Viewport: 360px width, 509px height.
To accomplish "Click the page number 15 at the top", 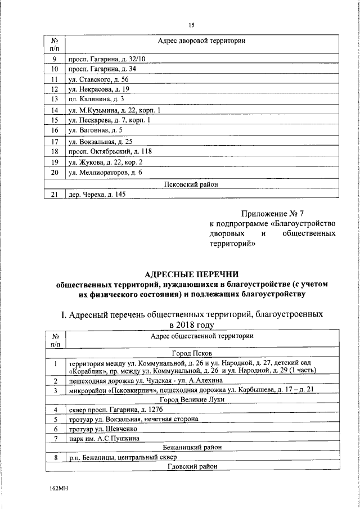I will click(x=191, y=25).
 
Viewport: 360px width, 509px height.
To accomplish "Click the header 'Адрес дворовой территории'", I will click(x=201, y=42).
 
